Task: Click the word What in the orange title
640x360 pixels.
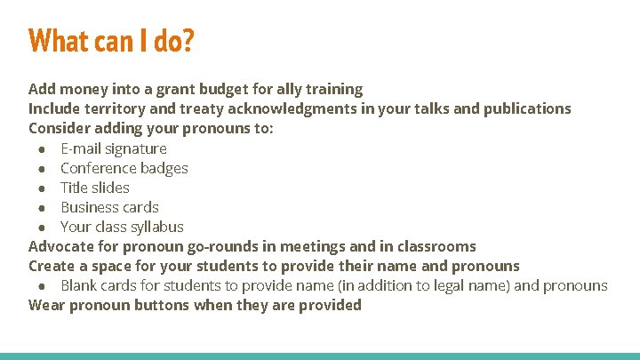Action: tap(59, 40)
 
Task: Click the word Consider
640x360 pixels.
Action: tap(58, 128)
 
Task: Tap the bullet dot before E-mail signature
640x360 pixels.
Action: tap(43, 148)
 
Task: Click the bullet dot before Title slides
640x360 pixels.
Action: tap(43, 188)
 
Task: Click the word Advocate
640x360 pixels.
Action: tap(60, 246)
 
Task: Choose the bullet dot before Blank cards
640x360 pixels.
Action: tap(43, 285)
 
